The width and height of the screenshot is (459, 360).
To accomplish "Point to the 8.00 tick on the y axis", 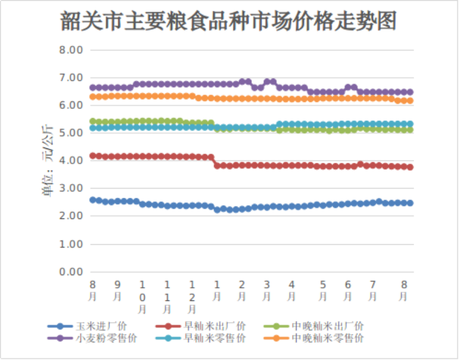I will (72, 50).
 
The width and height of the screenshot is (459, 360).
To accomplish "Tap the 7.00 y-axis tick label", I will (72, 78).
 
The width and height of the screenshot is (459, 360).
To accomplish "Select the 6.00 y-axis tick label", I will (72, 105).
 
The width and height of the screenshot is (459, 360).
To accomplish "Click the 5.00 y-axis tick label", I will (72, 133).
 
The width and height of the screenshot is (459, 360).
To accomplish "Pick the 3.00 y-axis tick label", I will (72, 189).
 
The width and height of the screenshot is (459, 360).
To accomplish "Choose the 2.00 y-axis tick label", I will (72, 216).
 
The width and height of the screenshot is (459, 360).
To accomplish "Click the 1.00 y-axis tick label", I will (72, 244).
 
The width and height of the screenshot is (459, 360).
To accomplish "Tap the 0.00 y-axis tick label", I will (72, 272).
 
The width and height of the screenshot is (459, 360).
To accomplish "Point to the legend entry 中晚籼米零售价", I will (328, 338).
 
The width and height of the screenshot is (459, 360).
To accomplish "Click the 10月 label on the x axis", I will (142, 296).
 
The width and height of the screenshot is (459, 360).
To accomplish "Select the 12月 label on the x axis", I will (192, 296).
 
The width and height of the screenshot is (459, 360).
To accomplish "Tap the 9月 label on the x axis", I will (117, 290).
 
